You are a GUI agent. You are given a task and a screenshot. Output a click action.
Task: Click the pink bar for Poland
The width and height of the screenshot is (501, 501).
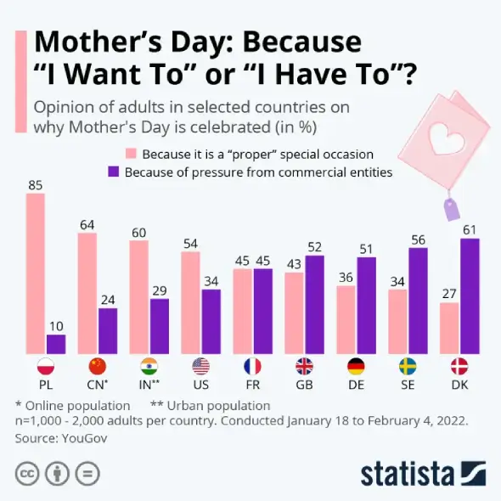pos(36,273)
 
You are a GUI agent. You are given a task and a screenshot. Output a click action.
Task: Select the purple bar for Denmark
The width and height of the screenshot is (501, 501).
pos(470,296)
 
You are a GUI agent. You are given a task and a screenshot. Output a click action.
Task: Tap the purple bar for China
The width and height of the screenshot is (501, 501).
pos(108,331)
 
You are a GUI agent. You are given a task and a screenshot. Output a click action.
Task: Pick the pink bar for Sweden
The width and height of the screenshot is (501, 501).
pos(397,322)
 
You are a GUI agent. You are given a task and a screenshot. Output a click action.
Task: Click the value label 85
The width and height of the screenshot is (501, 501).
pos(36,184)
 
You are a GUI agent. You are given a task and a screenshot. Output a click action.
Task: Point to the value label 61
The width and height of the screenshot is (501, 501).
pos(470,229)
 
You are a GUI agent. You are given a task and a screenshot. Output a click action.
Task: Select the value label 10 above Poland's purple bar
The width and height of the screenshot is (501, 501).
pos(56,325)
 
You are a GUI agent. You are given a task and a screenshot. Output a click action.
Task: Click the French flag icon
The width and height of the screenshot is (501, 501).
pos(252,367)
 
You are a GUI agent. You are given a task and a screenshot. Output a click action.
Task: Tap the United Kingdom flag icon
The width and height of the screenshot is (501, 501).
pos(304,367)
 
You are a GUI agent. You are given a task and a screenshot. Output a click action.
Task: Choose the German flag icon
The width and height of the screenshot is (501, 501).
pos(356,367)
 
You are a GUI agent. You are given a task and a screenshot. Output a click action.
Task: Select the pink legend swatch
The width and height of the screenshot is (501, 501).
pos(132,155)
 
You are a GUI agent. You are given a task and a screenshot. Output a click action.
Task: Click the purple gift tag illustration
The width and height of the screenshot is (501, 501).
pos(448,206)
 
